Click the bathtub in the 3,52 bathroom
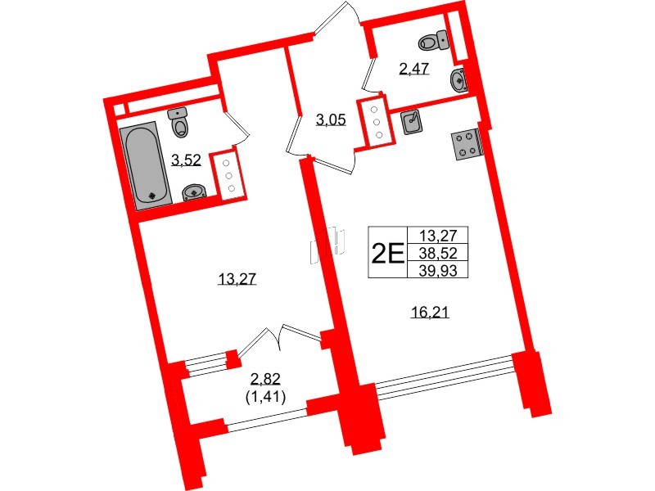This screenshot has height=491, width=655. click(x=147, y=167)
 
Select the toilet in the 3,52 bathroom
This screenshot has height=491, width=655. click(x=179, y=124)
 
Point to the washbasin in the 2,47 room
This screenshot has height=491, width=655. click(x=460, y=80)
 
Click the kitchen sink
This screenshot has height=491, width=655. click(x=412, y=122)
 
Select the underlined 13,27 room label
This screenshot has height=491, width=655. click(x=237, y=279)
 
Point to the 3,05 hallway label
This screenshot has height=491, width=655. click(x=332, y=120)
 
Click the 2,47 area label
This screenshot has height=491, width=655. click(x=413, y=69)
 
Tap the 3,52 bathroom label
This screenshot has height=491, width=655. click(x=186, y=160)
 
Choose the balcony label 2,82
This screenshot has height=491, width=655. click(x=265, y=377)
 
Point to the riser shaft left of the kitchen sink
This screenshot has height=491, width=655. click(x=376, y=123)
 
